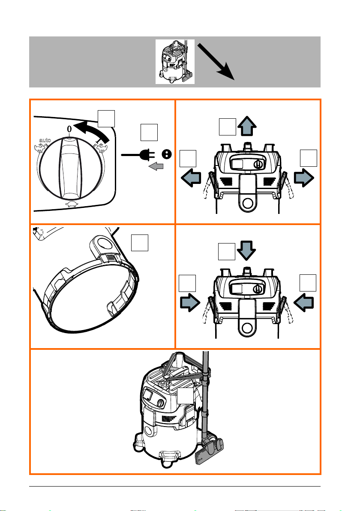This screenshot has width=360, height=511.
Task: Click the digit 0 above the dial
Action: click(x=69, y=129)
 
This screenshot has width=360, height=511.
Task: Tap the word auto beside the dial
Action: click(x=45, y=140)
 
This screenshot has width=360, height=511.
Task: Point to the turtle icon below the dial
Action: click(x=72, y=204)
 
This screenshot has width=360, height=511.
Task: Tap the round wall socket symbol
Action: click(x=166, y=154)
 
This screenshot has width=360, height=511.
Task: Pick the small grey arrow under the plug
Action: click(x=156, y=166)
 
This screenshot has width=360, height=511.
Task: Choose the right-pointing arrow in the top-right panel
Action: click(x=304, y=178)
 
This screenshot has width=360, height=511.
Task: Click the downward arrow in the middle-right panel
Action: click(x=246, y=250)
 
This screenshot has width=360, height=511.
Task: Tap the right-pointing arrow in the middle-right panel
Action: click(x=190, y=302)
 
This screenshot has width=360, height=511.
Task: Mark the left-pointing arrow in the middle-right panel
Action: click(x=303, y=302)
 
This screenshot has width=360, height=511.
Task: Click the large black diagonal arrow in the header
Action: click(x=216, y=62)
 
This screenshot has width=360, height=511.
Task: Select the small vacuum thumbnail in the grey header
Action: click(x=175, y=62)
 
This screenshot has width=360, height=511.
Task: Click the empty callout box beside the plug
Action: click(x=149, y=132)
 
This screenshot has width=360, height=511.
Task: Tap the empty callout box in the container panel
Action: click(x=140, y=243)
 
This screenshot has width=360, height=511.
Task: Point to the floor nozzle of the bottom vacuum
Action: click(x=210, y=452)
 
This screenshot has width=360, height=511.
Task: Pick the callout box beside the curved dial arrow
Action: click(x=106, y=119)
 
